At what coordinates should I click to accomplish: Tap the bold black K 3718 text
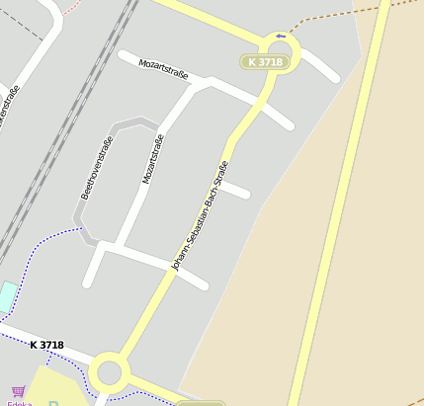click(46, 345)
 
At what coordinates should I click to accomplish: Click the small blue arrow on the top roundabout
click(282, 37)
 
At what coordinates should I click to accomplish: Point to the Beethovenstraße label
click(96, 167)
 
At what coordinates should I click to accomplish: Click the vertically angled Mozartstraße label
click(152, 159)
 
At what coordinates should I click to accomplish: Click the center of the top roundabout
click(280, 47)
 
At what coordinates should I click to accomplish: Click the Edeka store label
click(19, 402)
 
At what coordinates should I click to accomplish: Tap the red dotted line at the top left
click(69, 8)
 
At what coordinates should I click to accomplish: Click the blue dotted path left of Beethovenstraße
click(40, 242)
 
